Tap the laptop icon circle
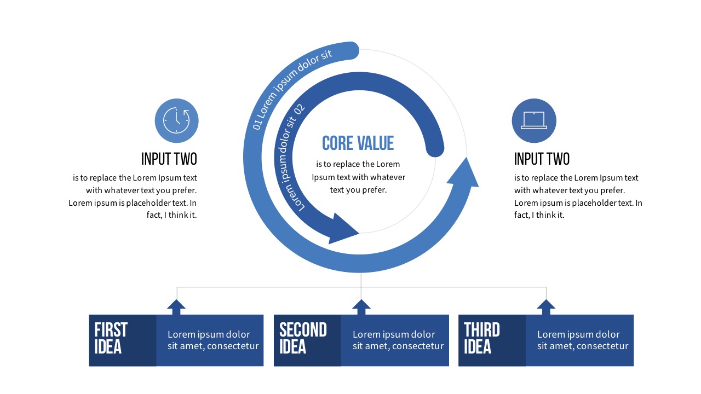click(x=533, y=121)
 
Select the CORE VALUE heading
click(x=358, y=143)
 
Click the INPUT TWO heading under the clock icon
click(x=169, y=159)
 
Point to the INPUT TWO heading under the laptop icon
click(x=542, y=159)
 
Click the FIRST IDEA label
click(x=111, y=339)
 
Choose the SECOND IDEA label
click(x=303, y=339)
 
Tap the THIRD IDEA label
click(x=482, y=339)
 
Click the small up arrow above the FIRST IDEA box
click(x=176, y=306)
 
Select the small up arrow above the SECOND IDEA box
click(x=361, y=306)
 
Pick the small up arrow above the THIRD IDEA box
click(x=546, y=306)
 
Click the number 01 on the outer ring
click(x=257, y=124)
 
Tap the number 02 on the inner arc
click(x=300, y=108)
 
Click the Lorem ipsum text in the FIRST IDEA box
click(x=212, y=340)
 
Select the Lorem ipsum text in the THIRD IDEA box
click(x=582, y=340)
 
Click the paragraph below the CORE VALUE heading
click(x=359, y=177)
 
